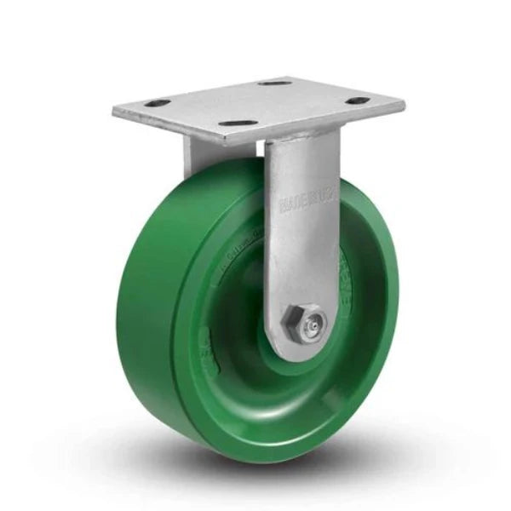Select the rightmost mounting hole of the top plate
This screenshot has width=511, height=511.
356,107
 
